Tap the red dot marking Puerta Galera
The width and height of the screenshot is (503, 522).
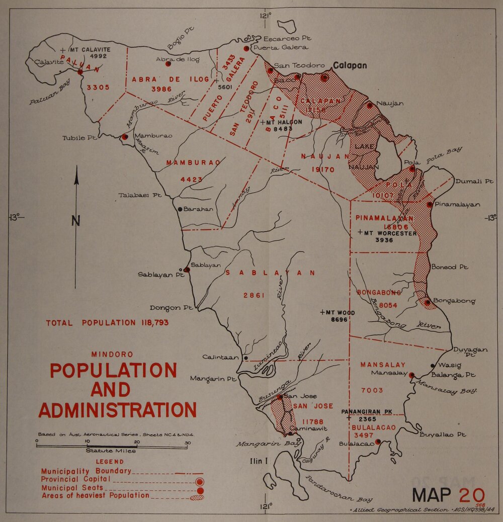coord(246,48)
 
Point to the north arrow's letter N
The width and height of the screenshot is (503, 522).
coord(75,220)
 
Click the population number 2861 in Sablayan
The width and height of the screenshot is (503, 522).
coord(254,295)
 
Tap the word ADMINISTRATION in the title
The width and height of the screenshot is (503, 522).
coord(117,410)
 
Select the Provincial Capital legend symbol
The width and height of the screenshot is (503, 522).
coord(199,481)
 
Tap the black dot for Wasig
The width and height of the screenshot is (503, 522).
coord(433,366)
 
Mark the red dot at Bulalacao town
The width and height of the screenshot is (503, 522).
coord(378,443)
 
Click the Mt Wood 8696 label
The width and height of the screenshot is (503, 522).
coord(339,316)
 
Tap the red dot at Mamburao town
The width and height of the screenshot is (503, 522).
coord(125,136)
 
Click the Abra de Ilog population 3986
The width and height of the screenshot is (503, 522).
coord(161,89)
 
